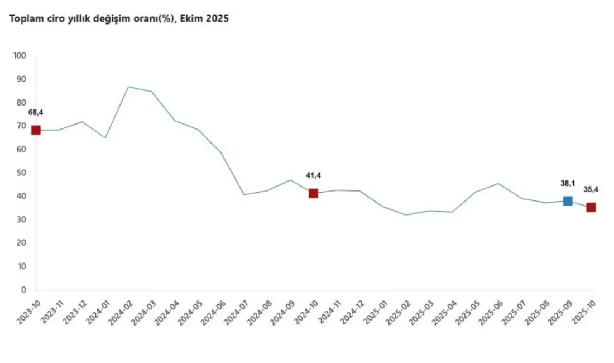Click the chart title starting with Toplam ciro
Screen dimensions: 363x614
point(118,18)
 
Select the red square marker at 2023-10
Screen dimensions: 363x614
point(36,130)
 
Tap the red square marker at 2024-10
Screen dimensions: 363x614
point(313,193)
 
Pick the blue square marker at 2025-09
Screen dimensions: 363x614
point(568,201)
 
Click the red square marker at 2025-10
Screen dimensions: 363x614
point(591,207)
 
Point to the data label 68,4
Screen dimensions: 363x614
point(36,113)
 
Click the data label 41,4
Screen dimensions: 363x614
point(313,176)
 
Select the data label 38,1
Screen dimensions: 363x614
point(568,183)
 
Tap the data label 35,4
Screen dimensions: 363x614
point(591,190)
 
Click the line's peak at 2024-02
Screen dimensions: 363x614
point(128,87)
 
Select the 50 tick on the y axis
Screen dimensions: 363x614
point(21,173)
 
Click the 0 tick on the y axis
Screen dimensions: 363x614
point(23,290)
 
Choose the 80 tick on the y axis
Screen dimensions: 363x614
point(21,103)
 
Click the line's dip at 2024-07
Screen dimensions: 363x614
point(244,194)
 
